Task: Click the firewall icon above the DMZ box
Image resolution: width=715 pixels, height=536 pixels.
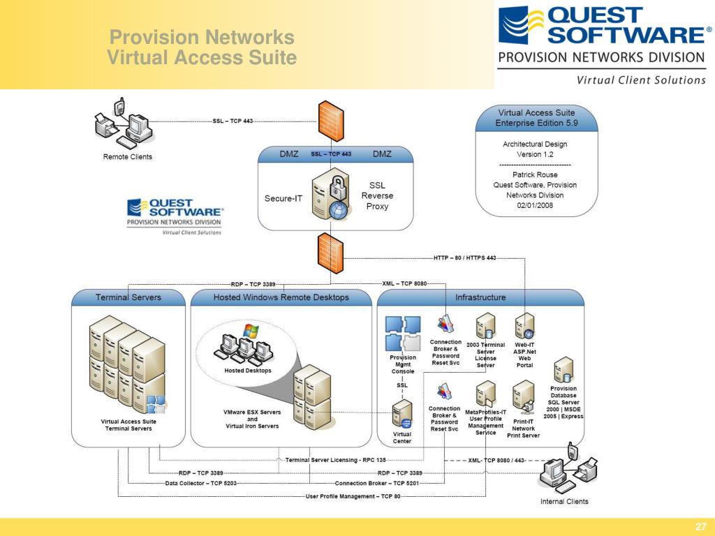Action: coord(330,121)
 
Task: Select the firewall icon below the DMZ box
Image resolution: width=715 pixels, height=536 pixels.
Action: coord(330,253)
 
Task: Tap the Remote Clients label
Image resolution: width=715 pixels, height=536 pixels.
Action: coord(128,157)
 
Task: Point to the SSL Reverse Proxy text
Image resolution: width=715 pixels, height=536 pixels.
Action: coord(377,195)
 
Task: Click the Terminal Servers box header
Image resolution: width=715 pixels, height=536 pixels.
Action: coord(128,297)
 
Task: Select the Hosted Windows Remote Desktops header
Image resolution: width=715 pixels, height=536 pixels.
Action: coord(281,297)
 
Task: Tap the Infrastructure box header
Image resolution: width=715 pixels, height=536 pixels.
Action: coord(480,297)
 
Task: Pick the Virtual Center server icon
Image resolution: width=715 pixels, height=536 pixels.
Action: coord(402,414)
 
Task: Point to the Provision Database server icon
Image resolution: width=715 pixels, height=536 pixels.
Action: coord(563,371)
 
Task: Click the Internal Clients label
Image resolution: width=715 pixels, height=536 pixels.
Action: coord(564,501)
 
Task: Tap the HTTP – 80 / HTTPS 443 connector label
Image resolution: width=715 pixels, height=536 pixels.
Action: coord(464,258)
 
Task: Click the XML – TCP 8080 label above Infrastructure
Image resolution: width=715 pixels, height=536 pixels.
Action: coord(404,283)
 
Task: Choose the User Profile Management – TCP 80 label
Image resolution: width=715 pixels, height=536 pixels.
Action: coord(353,496)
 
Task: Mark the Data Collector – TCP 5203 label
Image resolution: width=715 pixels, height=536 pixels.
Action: coord(200,483)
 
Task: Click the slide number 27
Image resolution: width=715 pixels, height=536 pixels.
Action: coord(700,526)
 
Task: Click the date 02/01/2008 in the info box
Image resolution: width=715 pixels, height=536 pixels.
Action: coord(535,205)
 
